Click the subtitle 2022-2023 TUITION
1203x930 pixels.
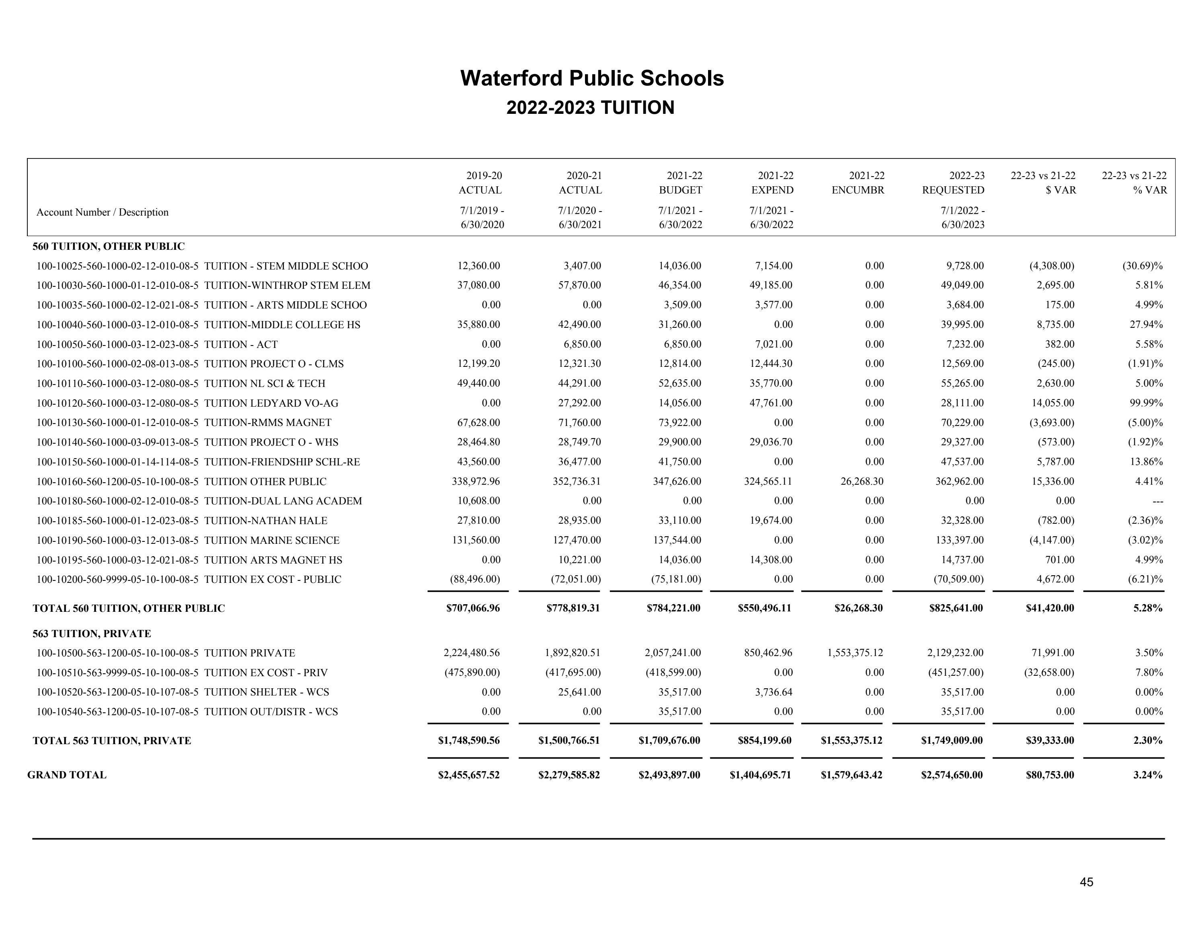pos(590,107)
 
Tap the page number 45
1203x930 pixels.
pos(1086,882)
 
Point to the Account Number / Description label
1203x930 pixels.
pos(103,212)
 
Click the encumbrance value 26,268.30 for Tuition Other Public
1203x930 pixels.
pos(862,481)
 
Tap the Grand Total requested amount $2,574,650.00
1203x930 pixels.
pos(951,775)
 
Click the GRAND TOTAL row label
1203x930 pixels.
pos(67,775)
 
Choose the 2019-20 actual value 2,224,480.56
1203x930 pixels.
pos(472,653)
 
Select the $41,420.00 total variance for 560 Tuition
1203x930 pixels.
pos(1049,608)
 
